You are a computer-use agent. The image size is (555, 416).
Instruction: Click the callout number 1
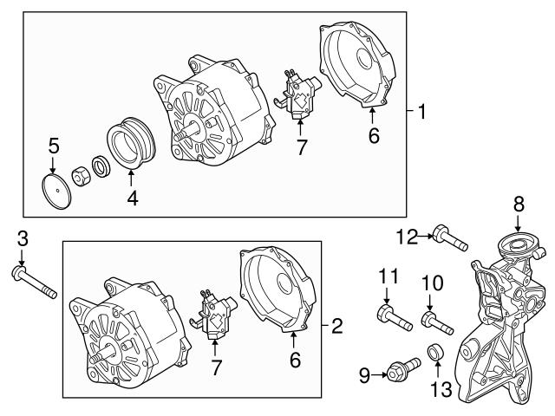[x=422, y=111]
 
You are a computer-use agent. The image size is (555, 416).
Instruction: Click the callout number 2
[x=337, y=327]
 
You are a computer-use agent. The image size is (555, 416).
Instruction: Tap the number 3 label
[x=23, y=237]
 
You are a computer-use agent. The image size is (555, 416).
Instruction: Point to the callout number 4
[x=132, y=198]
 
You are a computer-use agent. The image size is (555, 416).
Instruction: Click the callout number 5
[x=53, y=144]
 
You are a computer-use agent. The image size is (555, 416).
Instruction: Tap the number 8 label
[x=519, y=205]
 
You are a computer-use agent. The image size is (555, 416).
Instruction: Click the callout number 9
[x=364, y=374]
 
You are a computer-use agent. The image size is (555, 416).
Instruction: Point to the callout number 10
[x=431, y=282]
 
